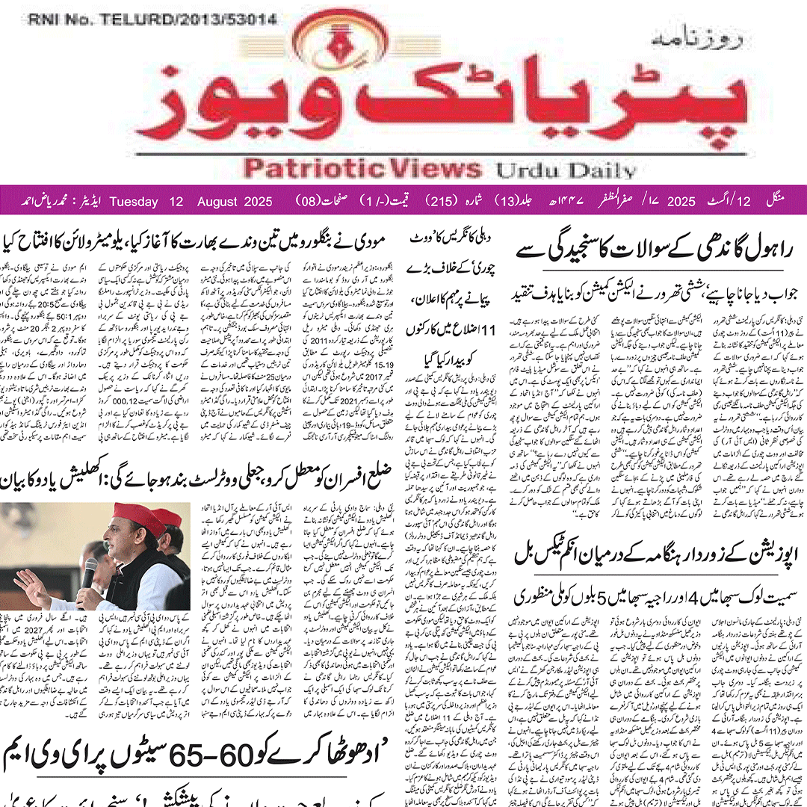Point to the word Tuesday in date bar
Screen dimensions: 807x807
(x=134, y=202)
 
